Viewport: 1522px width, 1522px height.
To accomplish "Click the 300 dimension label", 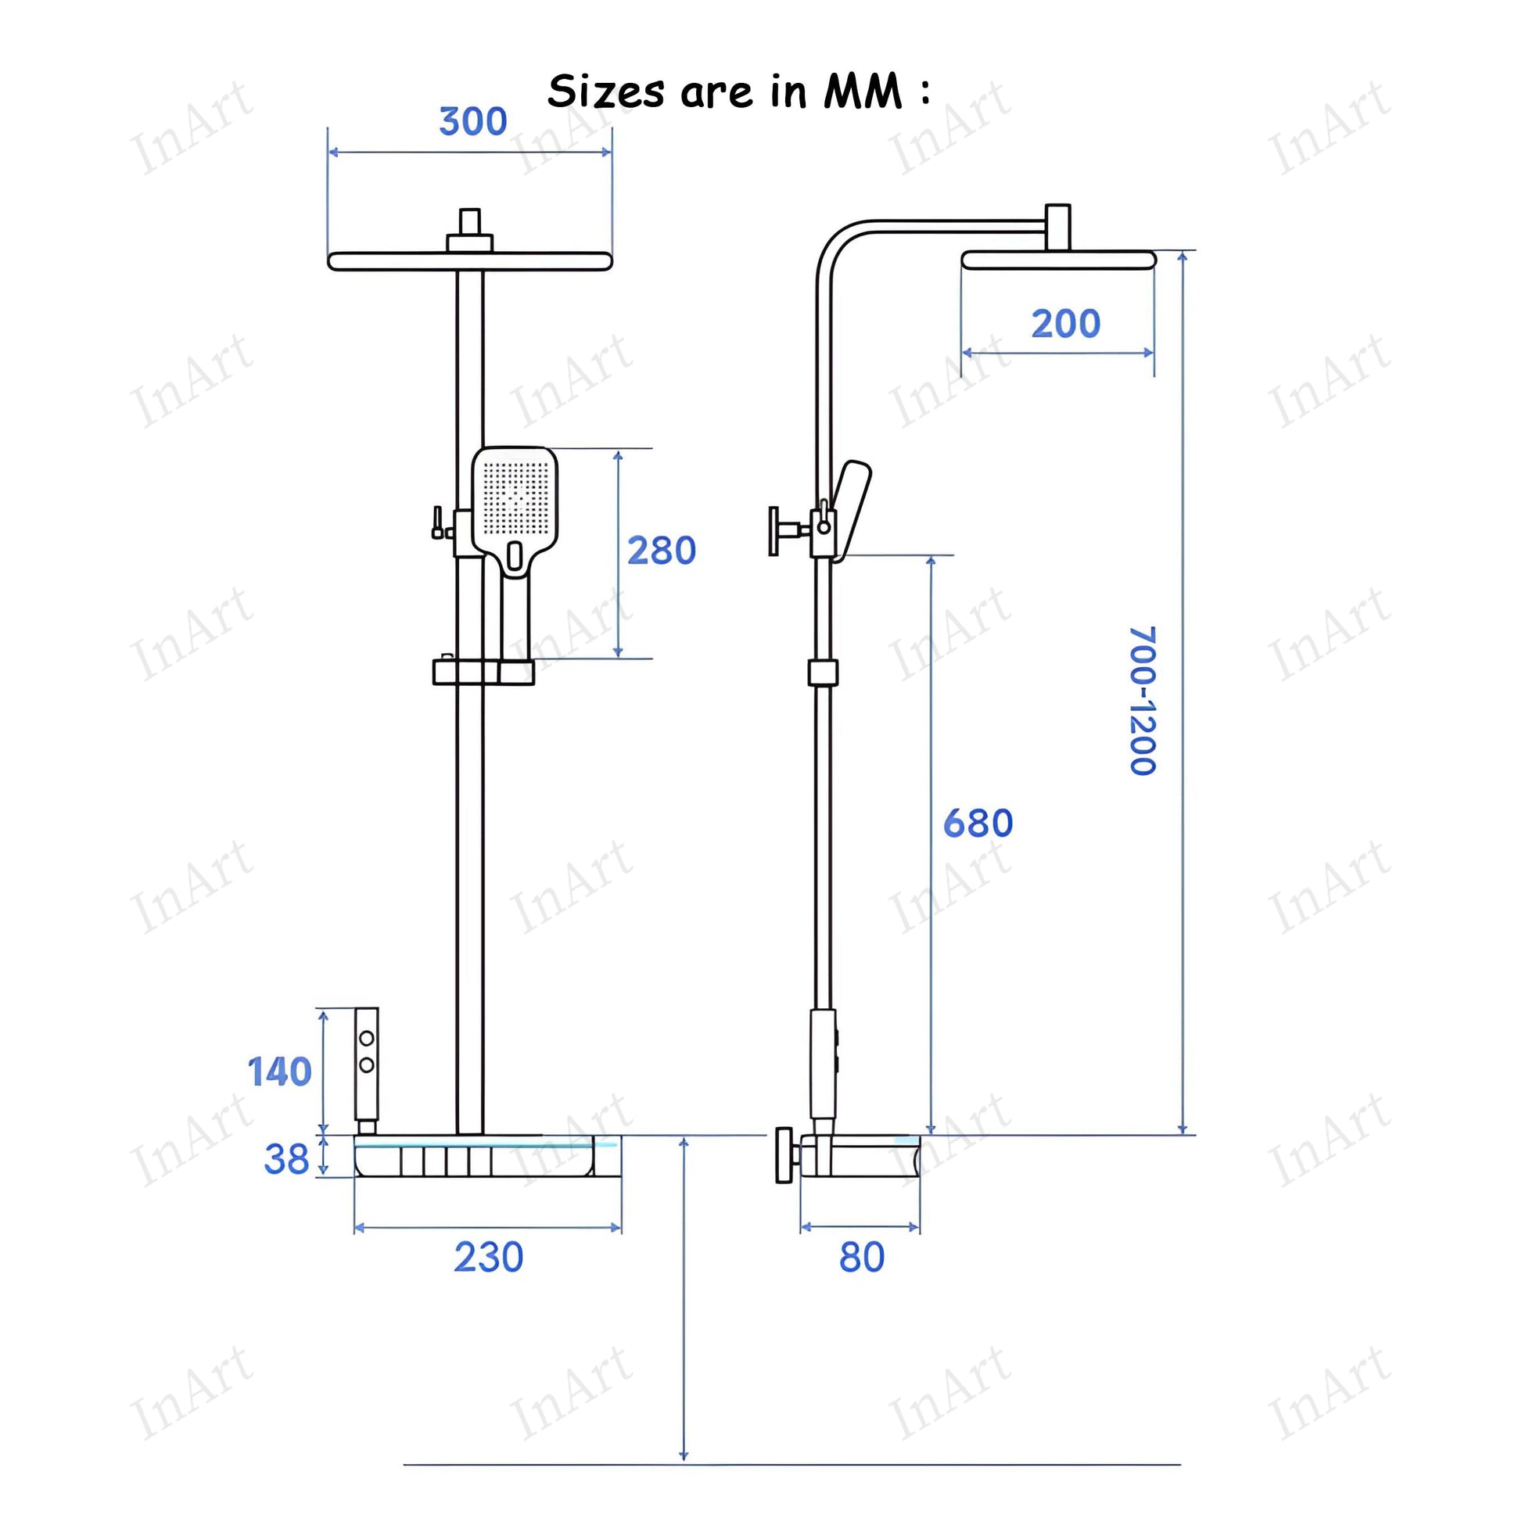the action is click(x=472, y=121).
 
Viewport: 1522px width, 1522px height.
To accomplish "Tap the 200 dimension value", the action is click(x=1066, y=324).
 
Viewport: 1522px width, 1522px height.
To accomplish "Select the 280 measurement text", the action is click(x=662, y=551).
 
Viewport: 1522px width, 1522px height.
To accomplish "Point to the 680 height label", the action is click(x=978, y=824).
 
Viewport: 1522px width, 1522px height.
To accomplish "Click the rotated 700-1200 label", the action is click(x=1143, y=700).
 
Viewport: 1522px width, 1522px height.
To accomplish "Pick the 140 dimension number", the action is click(x=280, y=1072).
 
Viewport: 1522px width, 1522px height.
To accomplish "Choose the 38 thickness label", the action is click(x=287, y=1159).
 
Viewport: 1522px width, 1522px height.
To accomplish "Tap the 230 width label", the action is click(x=488, y=1258).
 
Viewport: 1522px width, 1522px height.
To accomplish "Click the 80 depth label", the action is click(x=862, y=1258).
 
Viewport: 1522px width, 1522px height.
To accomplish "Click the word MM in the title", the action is click(x=863, y=92).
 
